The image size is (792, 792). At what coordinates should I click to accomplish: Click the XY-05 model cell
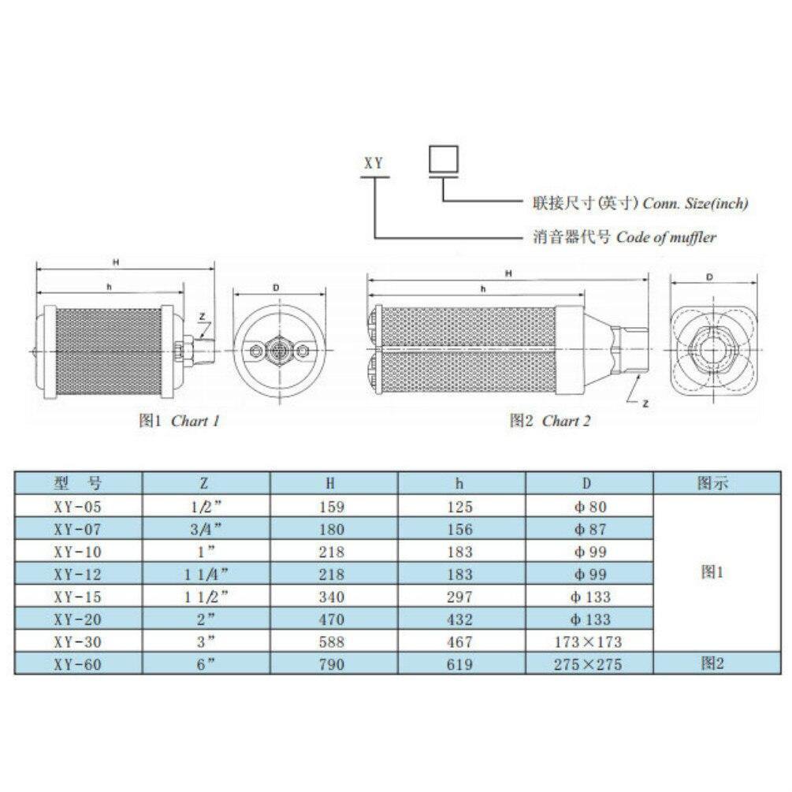(79, 506)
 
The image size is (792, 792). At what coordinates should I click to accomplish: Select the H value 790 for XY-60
(333, 664)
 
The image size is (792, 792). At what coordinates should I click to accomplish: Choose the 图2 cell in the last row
(712, 664)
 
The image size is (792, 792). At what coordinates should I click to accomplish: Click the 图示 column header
(712, 482)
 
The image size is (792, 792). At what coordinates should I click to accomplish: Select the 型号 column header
(79, 482)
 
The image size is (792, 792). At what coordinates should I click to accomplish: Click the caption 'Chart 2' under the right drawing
(566, 421)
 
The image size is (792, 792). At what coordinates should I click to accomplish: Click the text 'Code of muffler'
(666, 237)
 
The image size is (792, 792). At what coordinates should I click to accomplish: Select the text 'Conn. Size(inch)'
(695, 203)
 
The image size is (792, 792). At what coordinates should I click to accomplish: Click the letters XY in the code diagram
(372, 164)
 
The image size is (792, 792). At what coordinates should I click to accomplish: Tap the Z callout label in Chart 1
(203, 317)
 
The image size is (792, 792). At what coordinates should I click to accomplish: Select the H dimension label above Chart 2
(508, 273)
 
